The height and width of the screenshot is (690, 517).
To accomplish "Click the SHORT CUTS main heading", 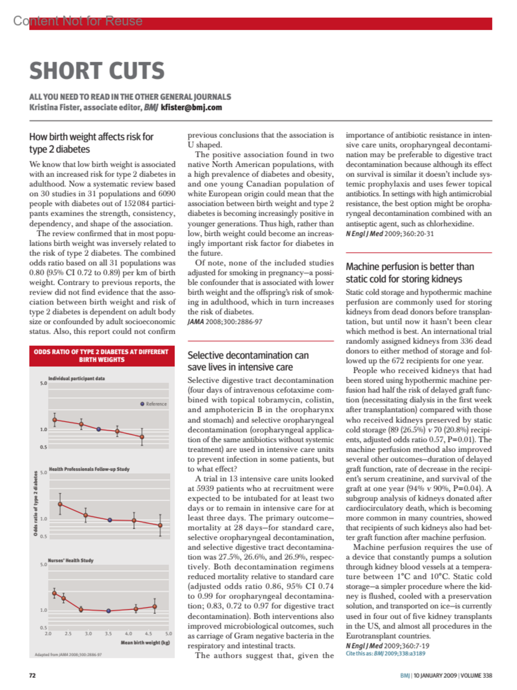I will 97,71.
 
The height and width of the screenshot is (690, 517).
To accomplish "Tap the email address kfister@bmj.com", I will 191,108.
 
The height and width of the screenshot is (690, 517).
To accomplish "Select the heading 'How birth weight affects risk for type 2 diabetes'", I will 91,143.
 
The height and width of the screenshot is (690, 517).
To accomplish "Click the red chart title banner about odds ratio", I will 102,356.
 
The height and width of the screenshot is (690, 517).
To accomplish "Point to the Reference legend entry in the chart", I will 154,404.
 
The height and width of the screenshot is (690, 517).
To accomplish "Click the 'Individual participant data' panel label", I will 76,378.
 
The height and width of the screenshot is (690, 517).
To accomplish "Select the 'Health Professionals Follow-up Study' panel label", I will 89,469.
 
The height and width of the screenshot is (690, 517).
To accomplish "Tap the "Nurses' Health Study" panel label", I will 71,560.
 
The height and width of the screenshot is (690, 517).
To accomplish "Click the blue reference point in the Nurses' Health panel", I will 109,611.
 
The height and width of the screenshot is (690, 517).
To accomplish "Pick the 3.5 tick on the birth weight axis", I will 109,634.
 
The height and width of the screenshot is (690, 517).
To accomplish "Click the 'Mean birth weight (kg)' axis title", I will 145,643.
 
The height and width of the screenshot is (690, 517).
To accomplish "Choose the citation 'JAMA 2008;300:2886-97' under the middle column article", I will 225,322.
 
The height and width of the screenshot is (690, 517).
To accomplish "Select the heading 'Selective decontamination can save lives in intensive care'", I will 248,361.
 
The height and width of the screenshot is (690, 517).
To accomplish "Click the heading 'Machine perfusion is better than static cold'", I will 410,273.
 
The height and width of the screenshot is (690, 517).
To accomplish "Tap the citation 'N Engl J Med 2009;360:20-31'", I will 389,234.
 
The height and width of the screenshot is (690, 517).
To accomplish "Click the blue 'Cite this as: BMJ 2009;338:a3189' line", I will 385,653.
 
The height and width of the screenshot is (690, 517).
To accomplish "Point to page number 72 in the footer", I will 32,675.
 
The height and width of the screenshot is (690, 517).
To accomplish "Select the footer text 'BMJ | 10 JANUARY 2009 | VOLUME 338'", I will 446,675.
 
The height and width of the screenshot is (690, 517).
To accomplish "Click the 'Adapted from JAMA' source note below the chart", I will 68,655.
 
